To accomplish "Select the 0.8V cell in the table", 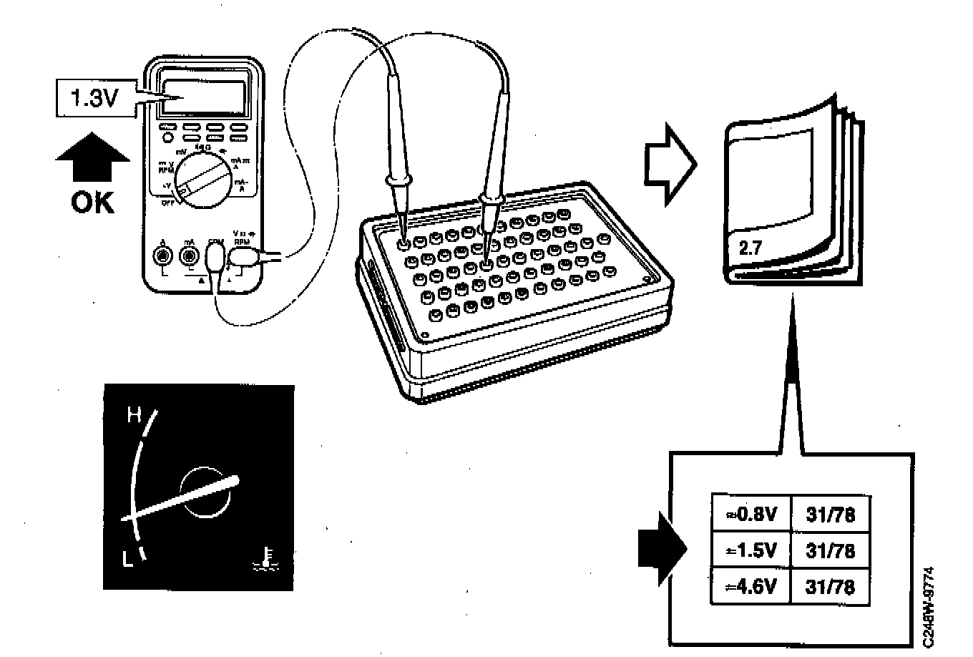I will coord(751,514).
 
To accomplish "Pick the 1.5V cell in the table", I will coord(751,551).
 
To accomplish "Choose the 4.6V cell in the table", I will coord(751,588).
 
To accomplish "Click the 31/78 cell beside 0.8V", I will coord(831,514).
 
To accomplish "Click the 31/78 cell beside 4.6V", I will coord(831,588).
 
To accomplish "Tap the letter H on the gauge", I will coord(132,414).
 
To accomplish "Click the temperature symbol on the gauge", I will coord(265,559).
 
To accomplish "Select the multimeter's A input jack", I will coord(164,254).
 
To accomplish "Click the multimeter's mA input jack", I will coord(189,255).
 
